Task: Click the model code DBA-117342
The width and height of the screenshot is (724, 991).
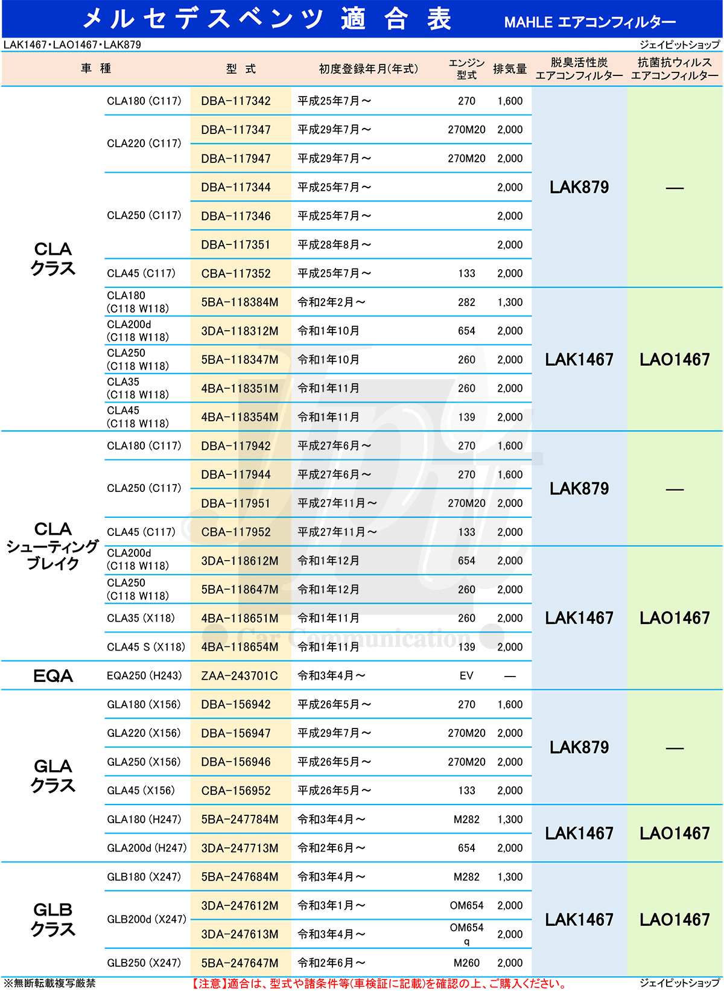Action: click(x=236, y=101)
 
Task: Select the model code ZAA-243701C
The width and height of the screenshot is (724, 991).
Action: click(x=240, y=676)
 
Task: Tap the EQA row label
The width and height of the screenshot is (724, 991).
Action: click(x=53, y=676)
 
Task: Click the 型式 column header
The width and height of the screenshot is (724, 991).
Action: click(x=241, y=69)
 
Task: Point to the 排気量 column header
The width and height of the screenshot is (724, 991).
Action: click(x=510, y=69)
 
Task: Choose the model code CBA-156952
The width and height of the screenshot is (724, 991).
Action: click(x=236, y=791)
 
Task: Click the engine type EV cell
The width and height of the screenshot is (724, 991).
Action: click(x=466, y=676)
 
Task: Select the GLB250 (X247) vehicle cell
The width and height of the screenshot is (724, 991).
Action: click(x=144, y=963)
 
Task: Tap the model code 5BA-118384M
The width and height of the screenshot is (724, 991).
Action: click(x=240, y=302)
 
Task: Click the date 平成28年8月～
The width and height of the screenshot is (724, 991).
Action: click(x=334, y=244)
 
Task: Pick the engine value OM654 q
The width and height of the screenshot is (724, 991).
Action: click(x=466, y=934)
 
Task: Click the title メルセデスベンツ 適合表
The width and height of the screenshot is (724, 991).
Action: click(x=267, y=19)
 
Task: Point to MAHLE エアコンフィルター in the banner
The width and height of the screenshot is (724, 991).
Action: click(x=589, y=22)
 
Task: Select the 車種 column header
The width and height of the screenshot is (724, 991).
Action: click(x=96, y=69)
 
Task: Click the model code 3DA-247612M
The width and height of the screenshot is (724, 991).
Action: click(x=240, y=906)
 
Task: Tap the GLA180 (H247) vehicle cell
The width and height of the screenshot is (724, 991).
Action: click(x=144, y=820)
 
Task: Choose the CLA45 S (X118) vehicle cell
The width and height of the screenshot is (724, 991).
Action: click(x=145, y=647)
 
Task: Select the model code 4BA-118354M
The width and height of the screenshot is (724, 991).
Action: click(x=240, y=417)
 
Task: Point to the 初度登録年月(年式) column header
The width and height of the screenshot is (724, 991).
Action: click(x=368, y=69)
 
